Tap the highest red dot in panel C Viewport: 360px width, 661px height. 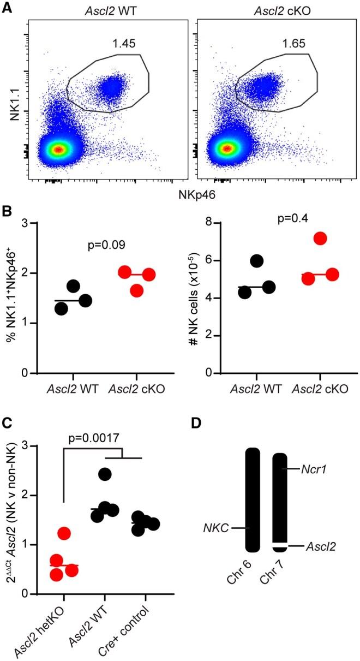[x=64, y=533]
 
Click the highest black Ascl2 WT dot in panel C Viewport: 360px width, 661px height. [x=105, y=474]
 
